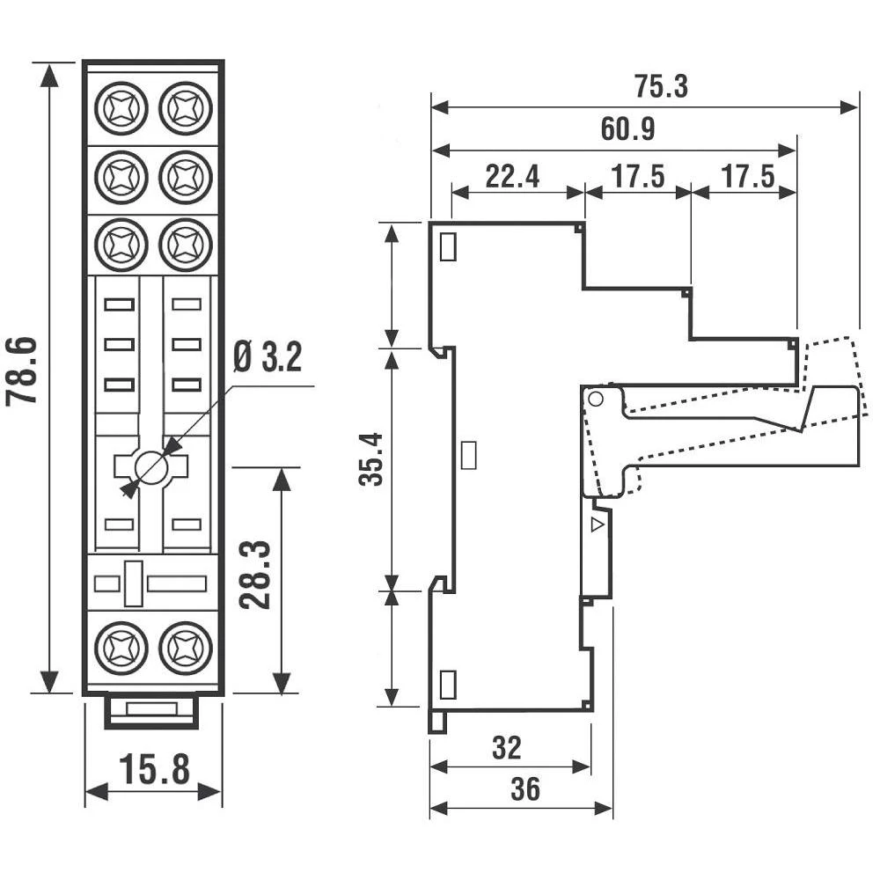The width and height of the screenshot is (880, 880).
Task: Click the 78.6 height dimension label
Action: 24,369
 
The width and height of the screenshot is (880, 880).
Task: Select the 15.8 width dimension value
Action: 155,769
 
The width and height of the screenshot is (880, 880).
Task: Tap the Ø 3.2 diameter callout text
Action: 268,357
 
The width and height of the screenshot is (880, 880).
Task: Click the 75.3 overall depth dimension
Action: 661,86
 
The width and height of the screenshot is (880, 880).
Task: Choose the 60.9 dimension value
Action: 627,130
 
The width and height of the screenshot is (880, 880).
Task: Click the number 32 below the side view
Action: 506,748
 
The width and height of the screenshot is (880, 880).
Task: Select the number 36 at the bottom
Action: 525,789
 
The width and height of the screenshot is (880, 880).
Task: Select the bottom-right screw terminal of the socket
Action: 185,648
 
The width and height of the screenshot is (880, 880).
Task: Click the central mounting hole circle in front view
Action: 153,467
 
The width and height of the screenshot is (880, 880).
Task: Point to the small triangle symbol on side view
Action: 598,525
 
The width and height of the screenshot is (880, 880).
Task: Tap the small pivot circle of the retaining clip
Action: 595,400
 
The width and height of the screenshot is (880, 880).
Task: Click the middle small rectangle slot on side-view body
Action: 469,454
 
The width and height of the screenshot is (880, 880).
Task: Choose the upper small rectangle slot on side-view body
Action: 447,247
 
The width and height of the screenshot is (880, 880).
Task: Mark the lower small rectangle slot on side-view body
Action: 447,683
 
